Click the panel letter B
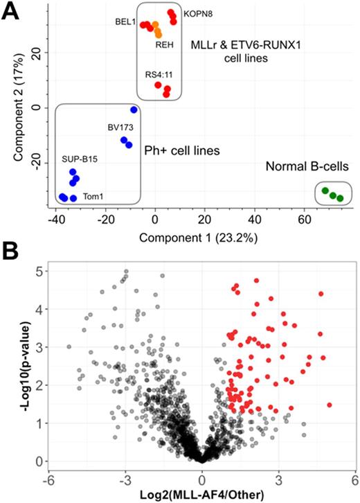(10, 249)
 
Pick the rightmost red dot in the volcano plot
(330, 405)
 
